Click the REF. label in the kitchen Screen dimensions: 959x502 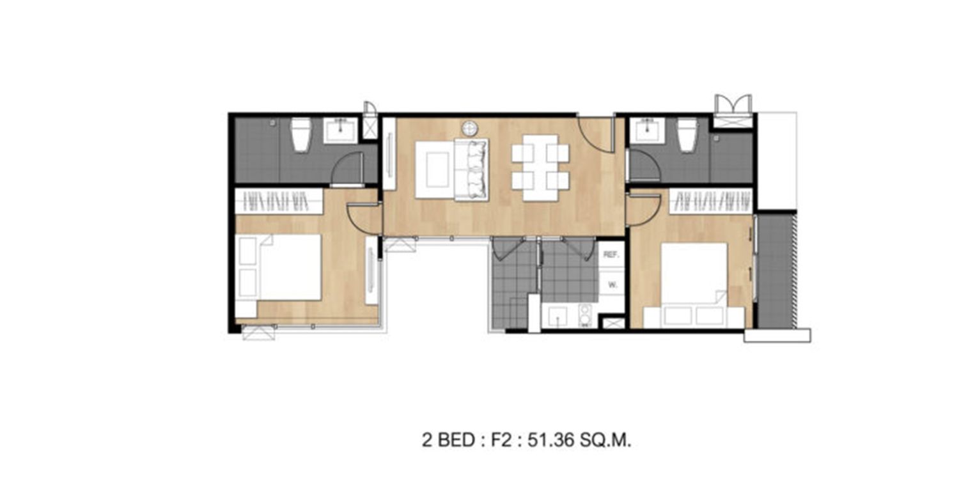[x=611, y=255]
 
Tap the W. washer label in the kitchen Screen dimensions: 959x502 [x=612, y=285]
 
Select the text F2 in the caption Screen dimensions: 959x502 [x=501, y=440]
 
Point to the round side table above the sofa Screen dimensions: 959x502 [x=470, y=129]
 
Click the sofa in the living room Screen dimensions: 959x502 [x=471, y=169]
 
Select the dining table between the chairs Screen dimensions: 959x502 [x=540, y=168]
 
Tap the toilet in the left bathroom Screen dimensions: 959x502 [x=300, y=135]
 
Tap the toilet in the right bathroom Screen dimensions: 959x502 [x=687, y=135]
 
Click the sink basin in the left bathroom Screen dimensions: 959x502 [x=340, y=130]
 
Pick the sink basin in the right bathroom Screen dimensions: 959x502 [x=649, y=130]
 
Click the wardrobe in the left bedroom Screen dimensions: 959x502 [x=279, y=201]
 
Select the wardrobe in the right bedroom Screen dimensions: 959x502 [x=711, y=201]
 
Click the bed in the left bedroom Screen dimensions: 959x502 [x=278, y=268]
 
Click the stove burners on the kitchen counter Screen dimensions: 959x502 [x=585, y=316]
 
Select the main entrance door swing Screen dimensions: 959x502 [x=596, y=134]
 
